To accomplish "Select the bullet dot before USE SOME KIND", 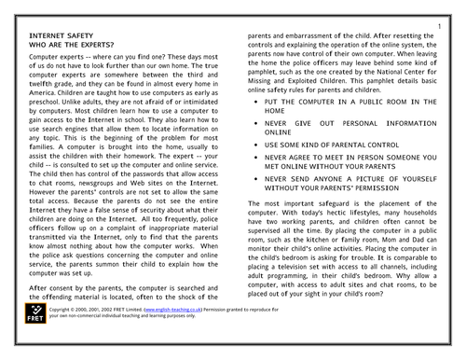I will click(x=256, y=172).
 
